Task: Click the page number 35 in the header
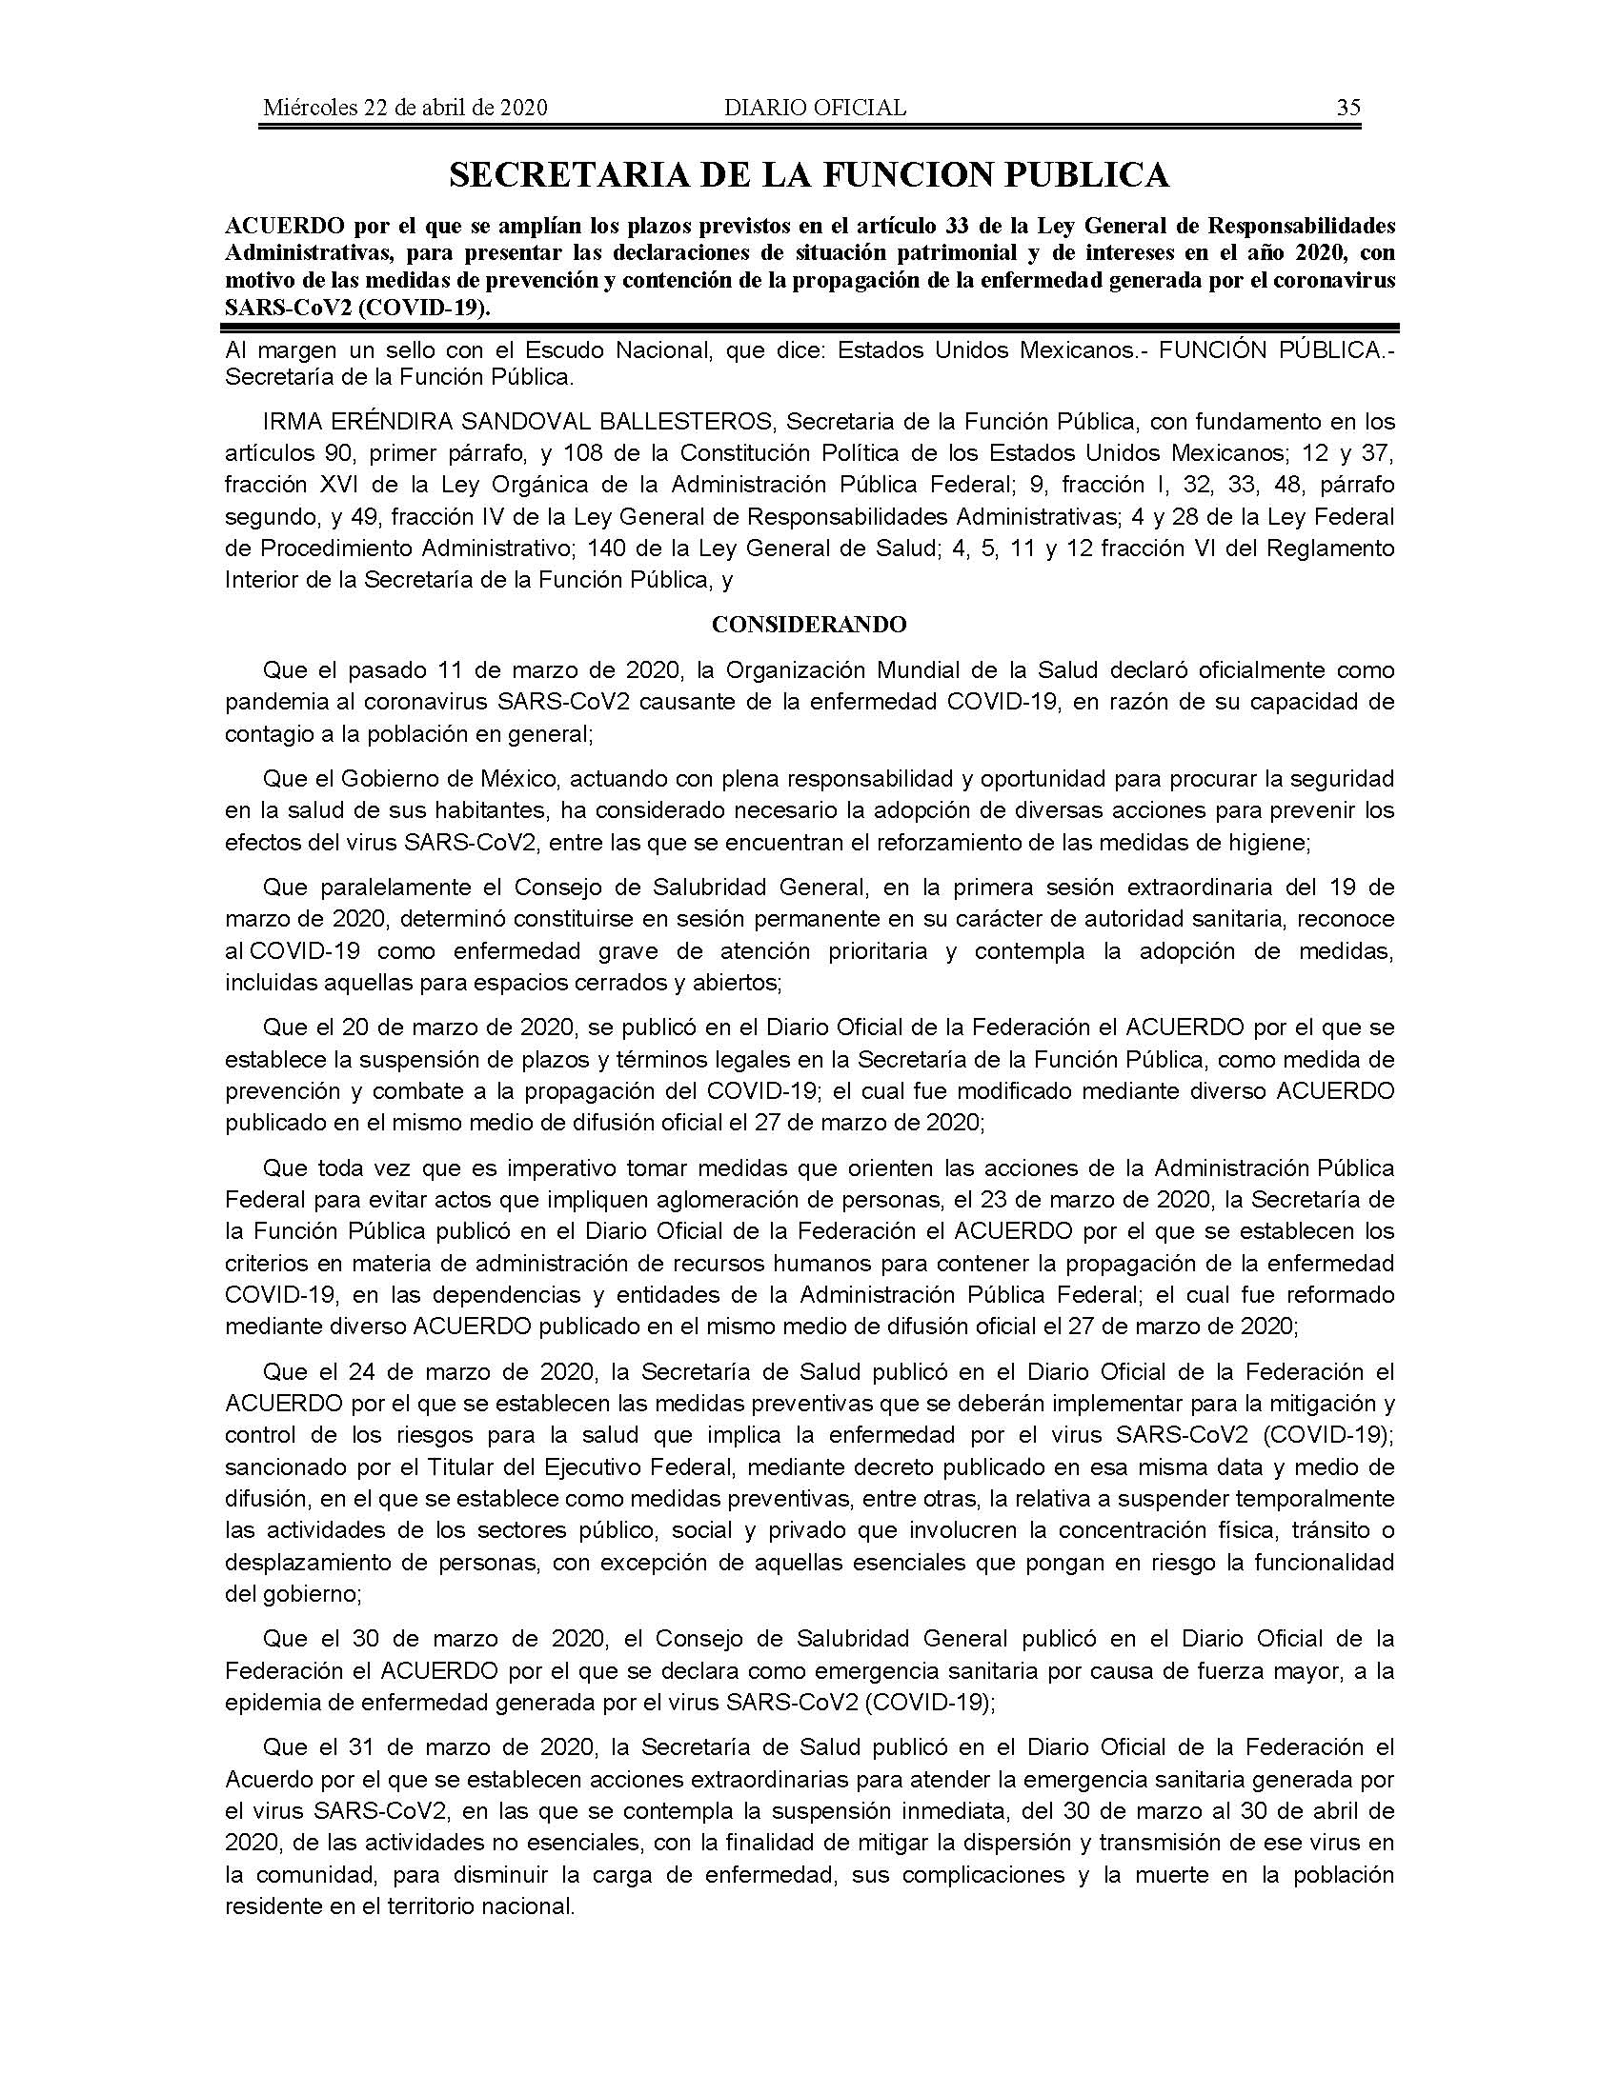pyautogui.click(x=1347, y=108)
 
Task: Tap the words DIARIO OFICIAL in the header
pyautogui.click(x=815, y=108)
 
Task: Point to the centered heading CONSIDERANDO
pyautogui.click(x=809, y=625)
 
